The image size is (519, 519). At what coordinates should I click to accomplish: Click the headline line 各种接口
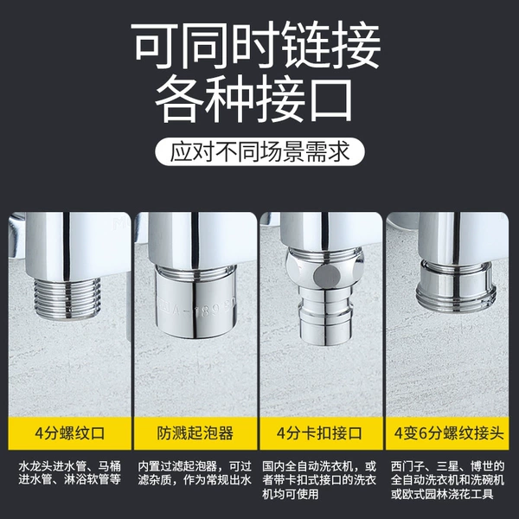[253, 100]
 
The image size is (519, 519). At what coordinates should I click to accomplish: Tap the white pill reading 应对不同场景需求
[259, 152]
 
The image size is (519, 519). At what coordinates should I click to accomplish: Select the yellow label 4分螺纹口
[70, 433]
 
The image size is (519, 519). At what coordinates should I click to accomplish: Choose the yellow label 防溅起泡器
[195, 433]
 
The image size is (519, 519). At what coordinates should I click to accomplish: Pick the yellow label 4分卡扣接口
[321, 433]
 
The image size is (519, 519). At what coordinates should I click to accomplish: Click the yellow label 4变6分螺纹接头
[447, 433]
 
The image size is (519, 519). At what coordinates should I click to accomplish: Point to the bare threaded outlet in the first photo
[67, 298]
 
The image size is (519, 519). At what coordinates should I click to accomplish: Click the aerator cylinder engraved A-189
[195, 300]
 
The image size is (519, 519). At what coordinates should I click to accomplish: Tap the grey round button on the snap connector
[327, 276]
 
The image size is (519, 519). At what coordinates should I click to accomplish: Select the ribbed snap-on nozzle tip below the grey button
[326, 315]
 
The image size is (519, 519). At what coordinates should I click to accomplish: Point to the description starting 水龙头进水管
[70, 473]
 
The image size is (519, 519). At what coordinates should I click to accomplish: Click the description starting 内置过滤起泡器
[195, 473]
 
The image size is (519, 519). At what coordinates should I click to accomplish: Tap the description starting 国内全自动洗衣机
[320, 480]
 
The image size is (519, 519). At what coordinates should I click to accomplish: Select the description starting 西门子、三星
[447, 480]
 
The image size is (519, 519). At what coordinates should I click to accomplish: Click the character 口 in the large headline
[331, 100]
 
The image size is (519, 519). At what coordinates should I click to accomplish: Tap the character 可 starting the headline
[155, 45]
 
